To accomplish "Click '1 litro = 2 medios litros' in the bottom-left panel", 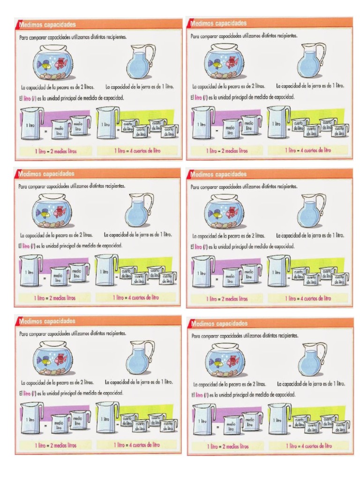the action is coord(56,445).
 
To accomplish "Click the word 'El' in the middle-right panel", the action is coord(192,247).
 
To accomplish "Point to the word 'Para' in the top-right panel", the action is coord(195,36).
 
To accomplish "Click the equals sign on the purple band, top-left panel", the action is coord(46,130).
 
